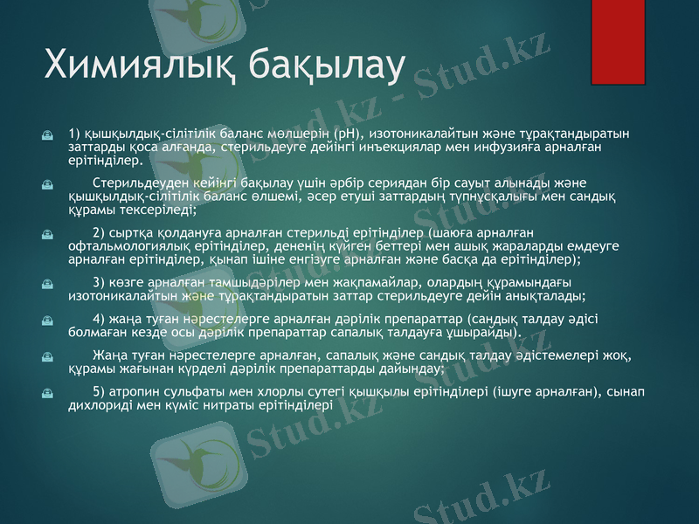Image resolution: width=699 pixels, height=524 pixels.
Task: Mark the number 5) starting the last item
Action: (x=97, y=390)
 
